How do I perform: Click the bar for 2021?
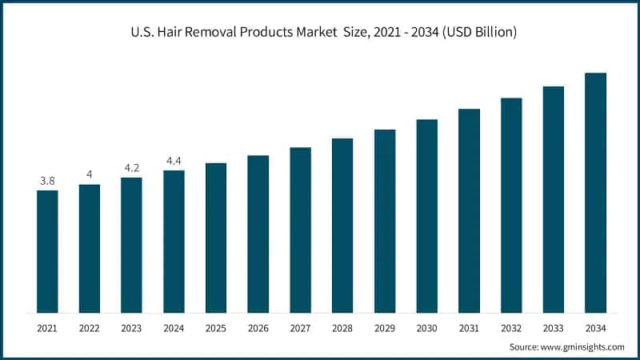pos(47,251)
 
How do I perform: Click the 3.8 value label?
pos(47,181)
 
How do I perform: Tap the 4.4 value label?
pos(174,161)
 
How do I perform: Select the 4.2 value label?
pos(131,168)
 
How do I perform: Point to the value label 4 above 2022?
pos(90,174)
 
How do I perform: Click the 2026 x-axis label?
pos(258,328)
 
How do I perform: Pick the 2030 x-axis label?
pos(426,328)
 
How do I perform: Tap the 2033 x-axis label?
pos(554,328)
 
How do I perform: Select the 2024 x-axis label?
pos(174,328)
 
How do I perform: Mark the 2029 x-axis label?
pos(385,328)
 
